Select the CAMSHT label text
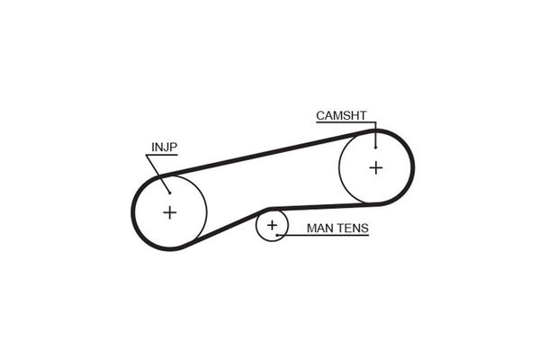[340, 114]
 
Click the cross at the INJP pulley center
[170, 212]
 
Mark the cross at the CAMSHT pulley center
[375, 166]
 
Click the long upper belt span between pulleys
[270, 151]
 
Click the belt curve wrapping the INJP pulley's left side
[134, 212]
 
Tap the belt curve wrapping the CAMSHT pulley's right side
[412, 166]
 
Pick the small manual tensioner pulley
[270, 216]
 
